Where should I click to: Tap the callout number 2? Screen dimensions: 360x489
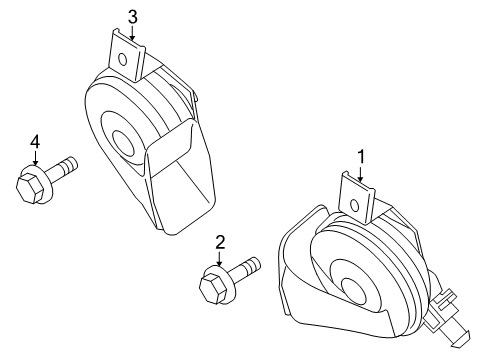pos(218,241)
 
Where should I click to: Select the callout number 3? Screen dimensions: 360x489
pos(132,15)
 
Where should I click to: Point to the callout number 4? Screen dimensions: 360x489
pos(34,143)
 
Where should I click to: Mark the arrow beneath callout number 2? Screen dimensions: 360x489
pos(218,259)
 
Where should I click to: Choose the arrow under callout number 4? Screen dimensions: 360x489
pos(34,161)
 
